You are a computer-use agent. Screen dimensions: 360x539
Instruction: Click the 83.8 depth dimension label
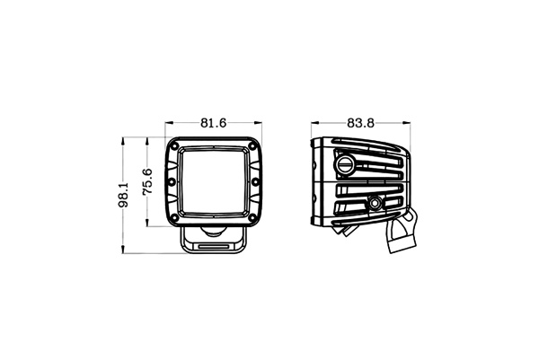(x=358, y=123)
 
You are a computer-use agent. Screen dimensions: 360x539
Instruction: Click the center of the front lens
(x=215, y=183)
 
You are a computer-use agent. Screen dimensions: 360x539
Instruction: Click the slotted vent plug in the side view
(x=346, y=163)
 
